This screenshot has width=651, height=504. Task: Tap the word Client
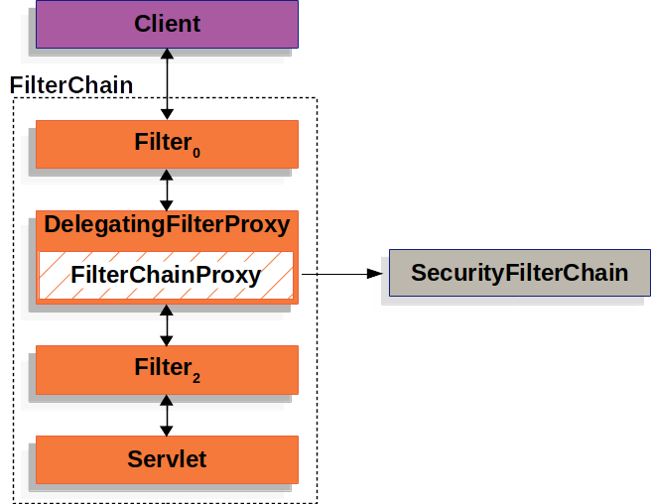coord(167,24)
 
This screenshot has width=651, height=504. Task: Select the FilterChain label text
coord(70,85)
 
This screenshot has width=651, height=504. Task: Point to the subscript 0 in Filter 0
coord(196,153)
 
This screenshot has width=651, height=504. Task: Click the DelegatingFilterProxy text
coord(167,225)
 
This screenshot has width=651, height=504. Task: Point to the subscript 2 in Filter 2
coord(196,377)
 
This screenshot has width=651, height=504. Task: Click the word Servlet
coord(167,459)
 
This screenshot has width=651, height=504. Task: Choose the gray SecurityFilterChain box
coord(519,273)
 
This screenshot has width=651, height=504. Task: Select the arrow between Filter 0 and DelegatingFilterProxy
coord(167,189)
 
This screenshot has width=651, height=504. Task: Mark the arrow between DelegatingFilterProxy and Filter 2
coord(167,324)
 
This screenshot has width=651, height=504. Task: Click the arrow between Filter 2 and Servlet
coord(167,415)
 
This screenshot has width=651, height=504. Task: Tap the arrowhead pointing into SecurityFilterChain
coord(375,273)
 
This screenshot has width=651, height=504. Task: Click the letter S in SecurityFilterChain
coord(418,273)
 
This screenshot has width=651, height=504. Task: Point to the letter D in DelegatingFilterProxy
coord(53,225)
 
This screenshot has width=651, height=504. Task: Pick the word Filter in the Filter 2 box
coord(162,367)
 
